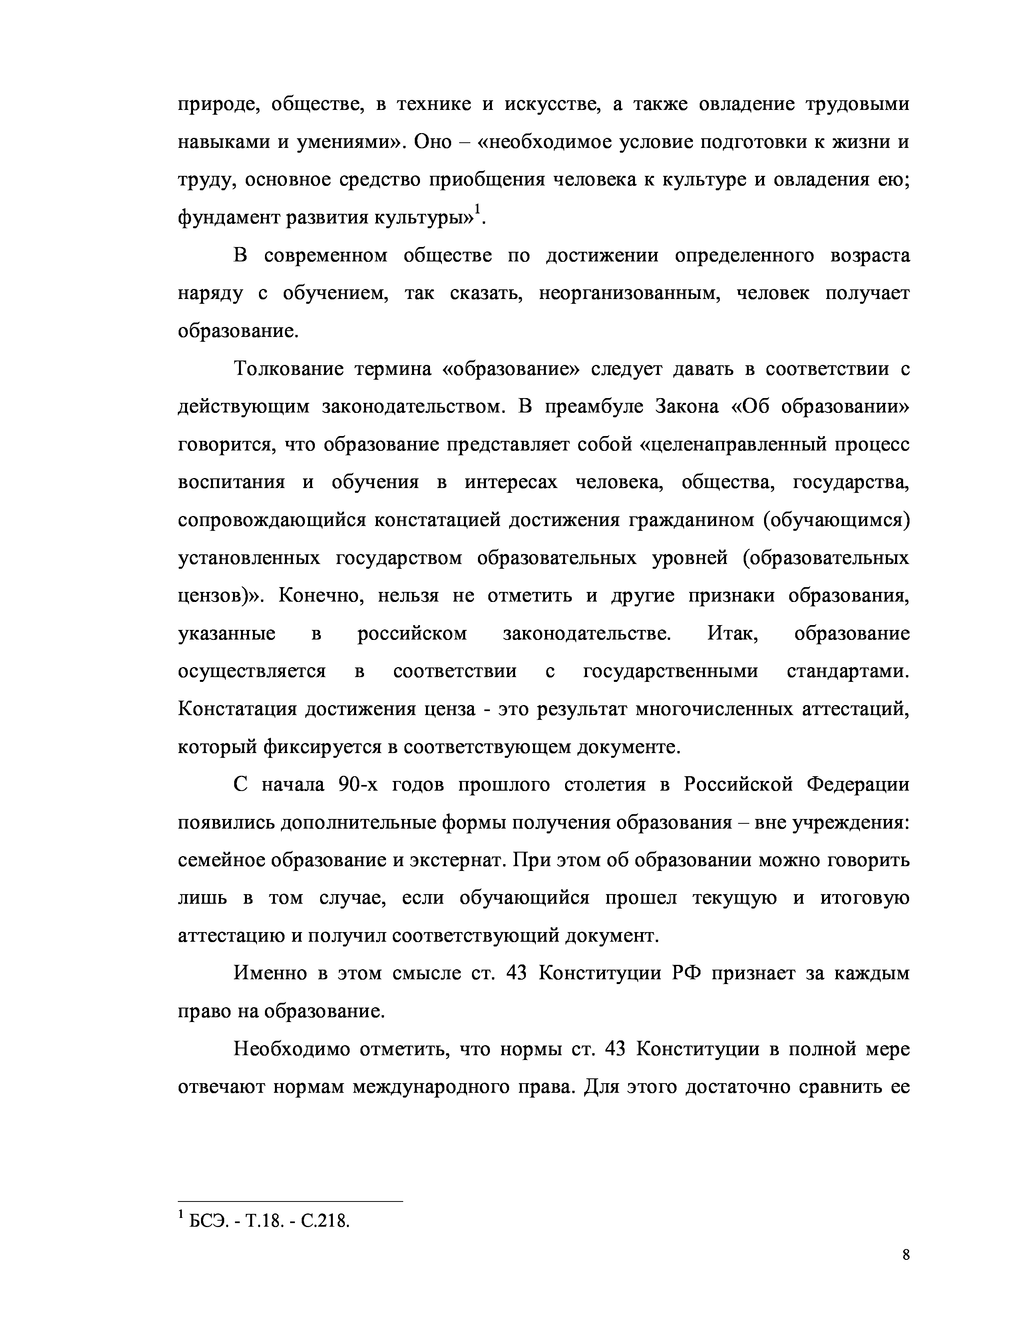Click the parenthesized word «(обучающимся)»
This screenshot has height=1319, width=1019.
coord(836,520)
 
